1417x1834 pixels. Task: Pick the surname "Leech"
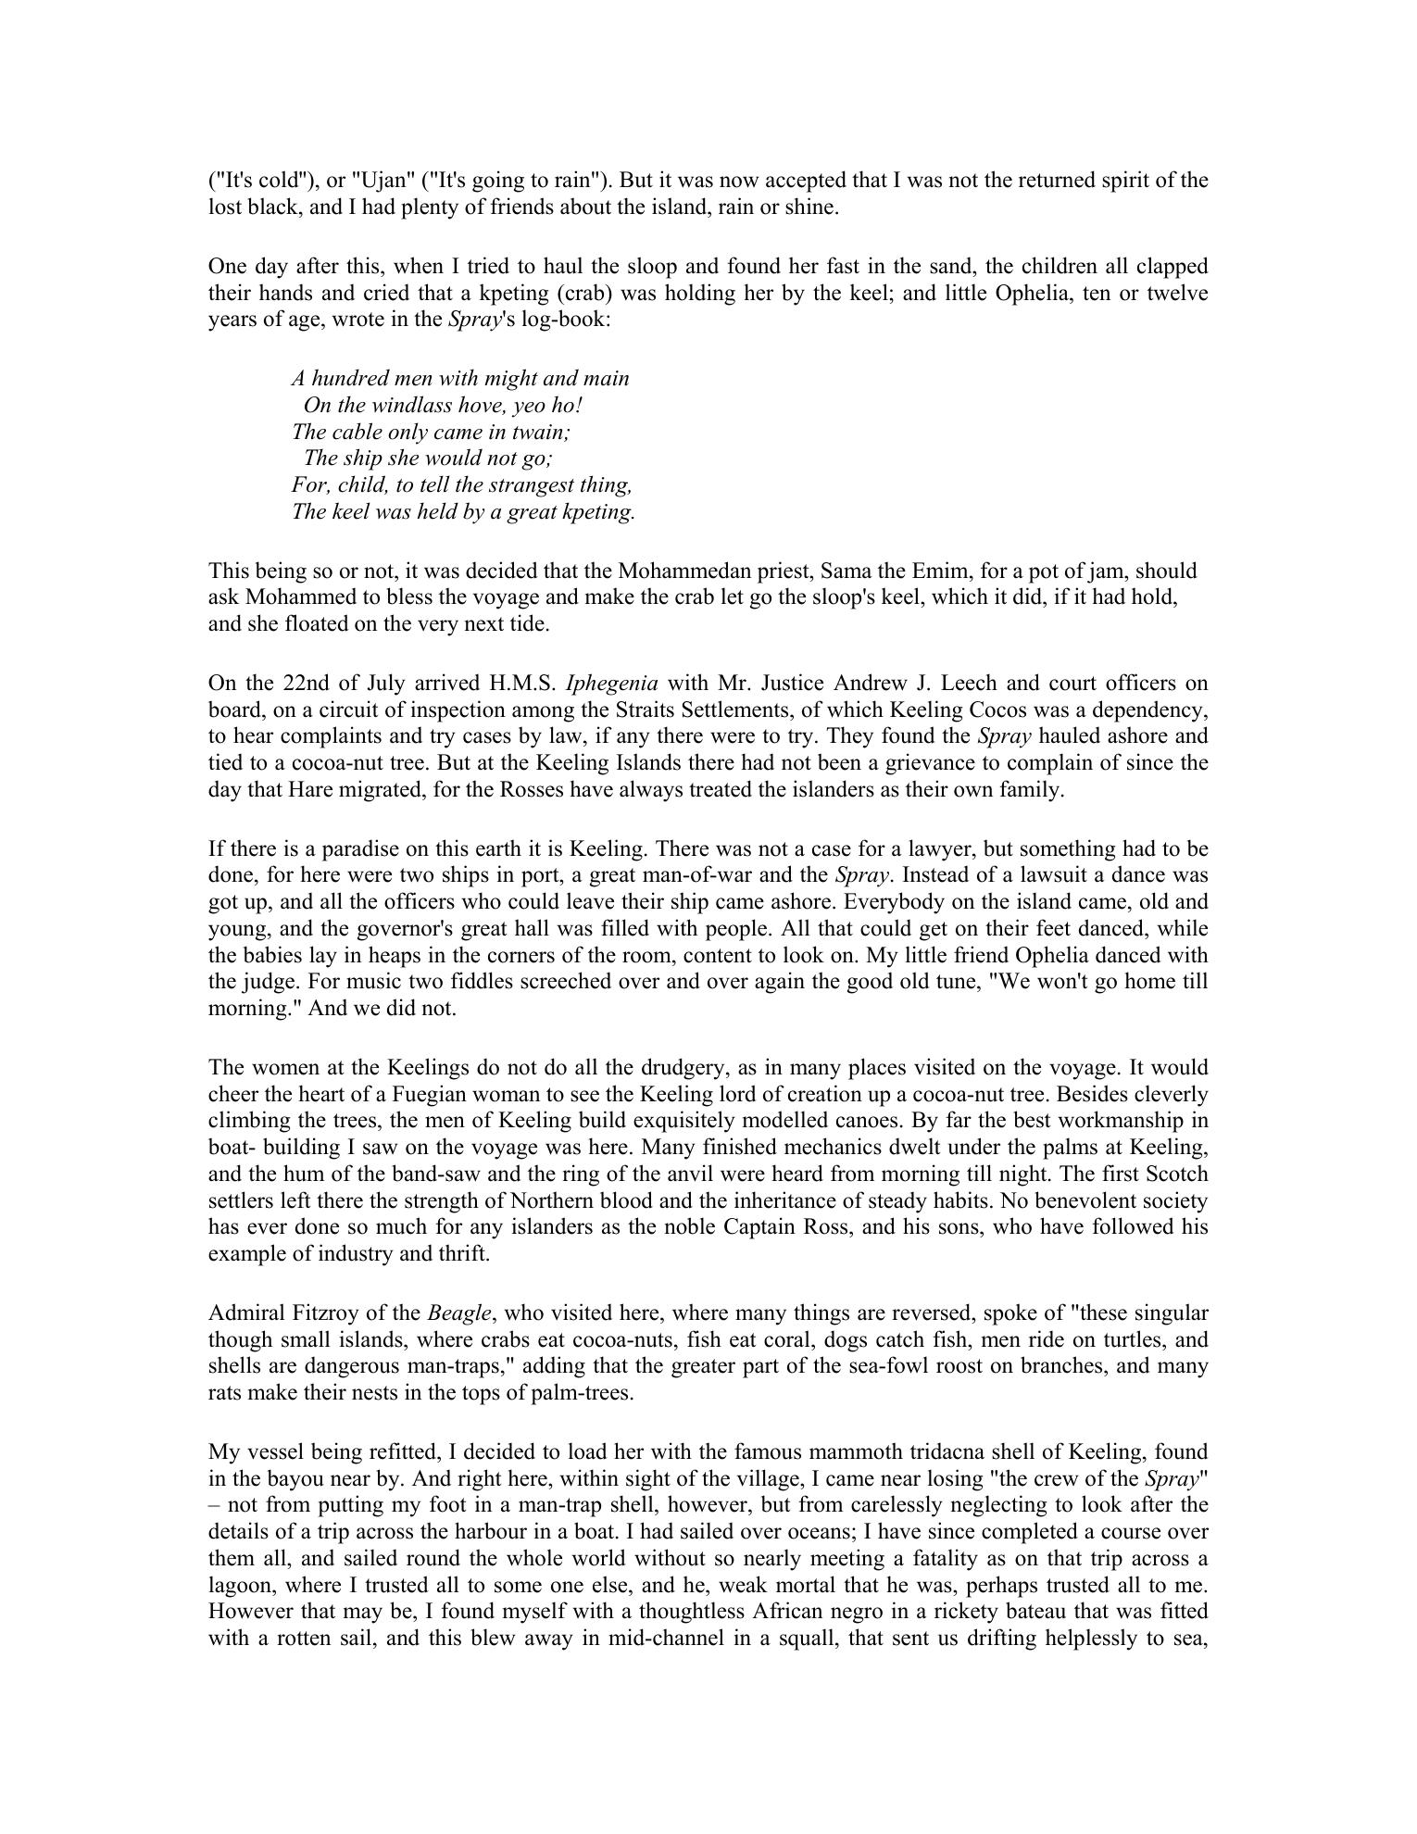(x=972, y=684)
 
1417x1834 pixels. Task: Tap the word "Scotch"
(x=1176, y=1175)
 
